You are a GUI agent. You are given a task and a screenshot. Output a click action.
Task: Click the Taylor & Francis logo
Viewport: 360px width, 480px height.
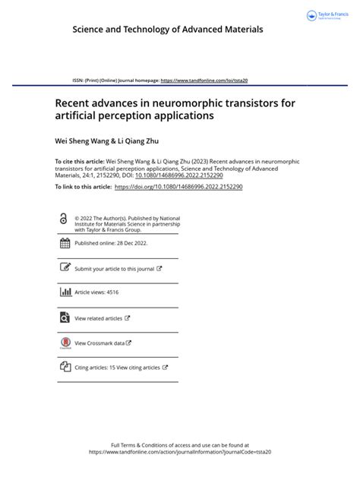click(327, 15)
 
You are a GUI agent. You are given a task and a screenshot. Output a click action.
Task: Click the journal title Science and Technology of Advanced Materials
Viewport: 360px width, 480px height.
click(168, 29)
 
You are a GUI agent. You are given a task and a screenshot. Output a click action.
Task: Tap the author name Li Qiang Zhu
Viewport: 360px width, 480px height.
click(137, 141)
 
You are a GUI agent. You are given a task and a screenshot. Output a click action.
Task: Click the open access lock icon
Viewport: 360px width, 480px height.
click(63, 219)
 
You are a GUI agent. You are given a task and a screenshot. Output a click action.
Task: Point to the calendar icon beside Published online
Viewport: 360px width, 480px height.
click(64, 244)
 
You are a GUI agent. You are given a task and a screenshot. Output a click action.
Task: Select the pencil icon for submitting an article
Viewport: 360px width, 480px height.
click(64, 268)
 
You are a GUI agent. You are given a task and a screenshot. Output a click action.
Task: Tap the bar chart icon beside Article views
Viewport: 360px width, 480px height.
click(64, 292)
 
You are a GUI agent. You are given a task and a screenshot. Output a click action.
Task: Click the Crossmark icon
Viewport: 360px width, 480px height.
click(64, 343)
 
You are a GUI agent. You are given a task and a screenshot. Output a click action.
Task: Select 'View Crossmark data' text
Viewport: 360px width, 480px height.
click(100, 343)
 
